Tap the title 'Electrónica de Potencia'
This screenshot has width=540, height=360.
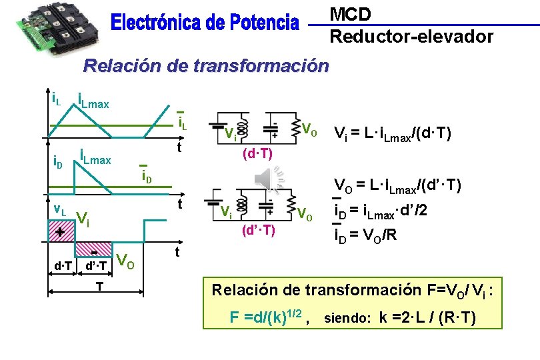[x=205, y=24]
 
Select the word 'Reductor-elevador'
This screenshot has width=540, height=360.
[x=411, y=36]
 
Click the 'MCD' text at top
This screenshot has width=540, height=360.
[x=351, y=14]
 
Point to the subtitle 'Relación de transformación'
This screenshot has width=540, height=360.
[x=205, y=66]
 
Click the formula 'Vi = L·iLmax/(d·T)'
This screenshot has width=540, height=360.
[x=394, y=134]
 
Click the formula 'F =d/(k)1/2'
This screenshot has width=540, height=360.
[x=267, y=317]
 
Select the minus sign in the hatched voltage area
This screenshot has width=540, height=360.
[x=95, y=253]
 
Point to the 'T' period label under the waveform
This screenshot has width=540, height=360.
[x=98, y=285]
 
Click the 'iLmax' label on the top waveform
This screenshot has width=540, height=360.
[x=93, y=102]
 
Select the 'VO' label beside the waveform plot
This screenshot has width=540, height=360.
[x=126, y=261]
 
